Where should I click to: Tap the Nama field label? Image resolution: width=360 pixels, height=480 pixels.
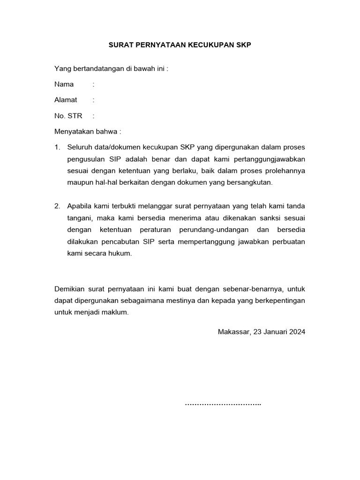pos(64,84)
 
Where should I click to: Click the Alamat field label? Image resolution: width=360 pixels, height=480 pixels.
pos(66,100)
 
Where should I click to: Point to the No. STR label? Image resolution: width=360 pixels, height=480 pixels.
pos(68,116)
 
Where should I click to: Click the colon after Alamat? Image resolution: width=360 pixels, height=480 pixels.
pos(94,100)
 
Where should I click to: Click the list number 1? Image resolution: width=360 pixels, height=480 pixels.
pos(57,147)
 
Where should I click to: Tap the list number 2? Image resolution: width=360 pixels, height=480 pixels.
pos(57,206)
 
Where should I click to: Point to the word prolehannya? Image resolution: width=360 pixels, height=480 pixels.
pos(285,171)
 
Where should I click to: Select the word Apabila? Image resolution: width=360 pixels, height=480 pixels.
pos(80,206)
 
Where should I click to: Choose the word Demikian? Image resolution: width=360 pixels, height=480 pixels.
pos(70,288)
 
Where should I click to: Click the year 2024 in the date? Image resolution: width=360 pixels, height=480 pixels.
pos(297,331)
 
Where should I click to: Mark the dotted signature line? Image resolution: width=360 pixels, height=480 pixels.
pos(223,404)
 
